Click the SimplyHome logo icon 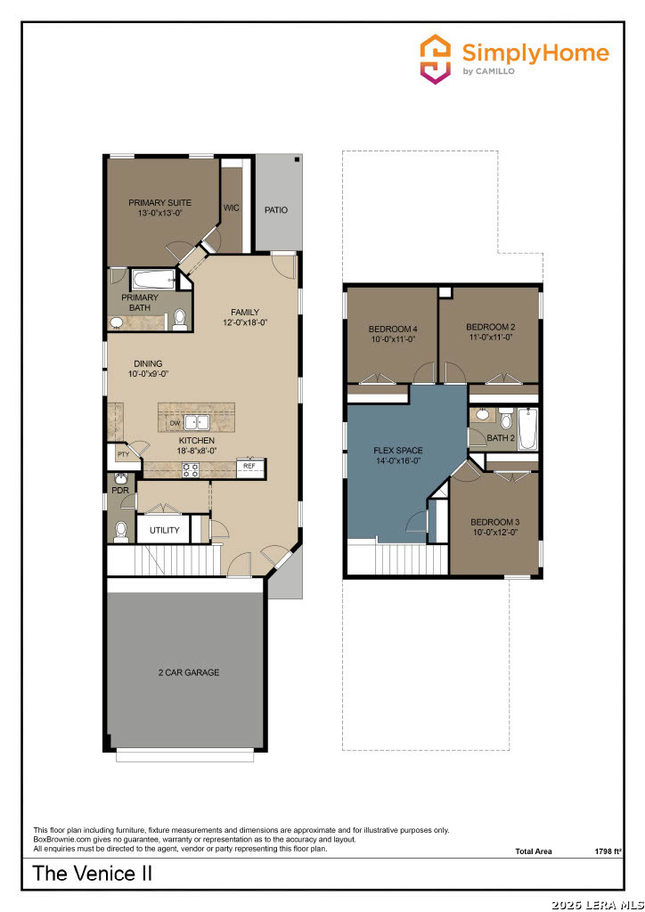[x=435, y=59]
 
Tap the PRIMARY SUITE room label [x=160, y=203]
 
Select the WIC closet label [x=232, y=208]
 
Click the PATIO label [x=276, y=210]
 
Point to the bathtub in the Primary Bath [x=153, y=280]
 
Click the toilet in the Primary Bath [x=180, y=320]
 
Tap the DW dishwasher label [x=176, y=423]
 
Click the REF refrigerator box [x=250, y=467]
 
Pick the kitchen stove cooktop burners [x=191, y=470]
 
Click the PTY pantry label [x=123, y=454]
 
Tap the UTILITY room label [x=165, y=531]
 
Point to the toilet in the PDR [x=121, y=532]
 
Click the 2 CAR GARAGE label [x=189, y=672]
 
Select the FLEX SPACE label [x=398, y=450]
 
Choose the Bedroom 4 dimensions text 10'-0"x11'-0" [x=393, y=338]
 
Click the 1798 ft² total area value [x=605, y=851]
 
